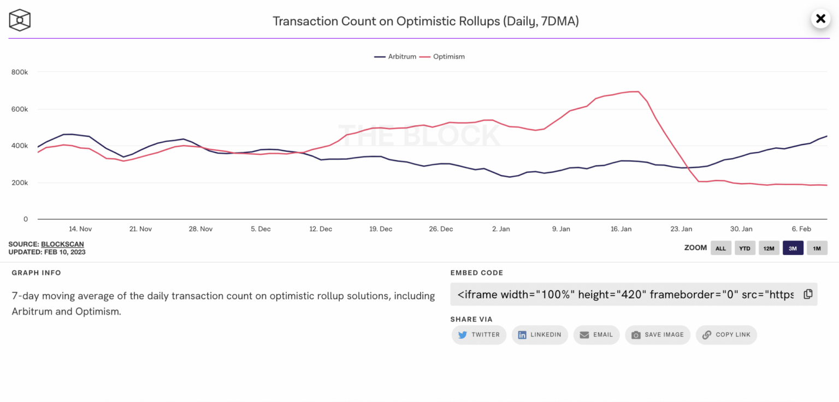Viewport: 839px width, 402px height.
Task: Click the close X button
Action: coord(820,19)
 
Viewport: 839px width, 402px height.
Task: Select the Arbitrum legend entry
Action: coord(395,56)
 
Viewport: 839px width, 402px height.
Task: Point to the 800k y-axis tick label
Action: coord(20,72)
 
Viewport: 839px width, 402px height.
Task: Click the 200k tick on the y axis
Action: coord(20,183)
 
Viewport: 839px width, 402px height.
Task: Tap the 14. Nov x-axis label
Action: coord(80,229)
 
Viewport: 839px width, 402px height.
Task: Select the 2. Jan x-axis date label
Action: coord(501,229)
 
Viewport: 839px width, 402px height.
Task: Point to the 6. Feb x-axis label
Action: coord(801,229)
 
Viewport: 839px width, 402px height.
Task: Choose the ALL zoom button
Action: coord(720,248)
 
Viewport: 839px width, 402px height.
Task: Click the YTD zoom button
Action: coord(745,248)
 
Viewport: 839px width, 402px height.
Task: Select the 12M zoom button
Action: coord(769,248)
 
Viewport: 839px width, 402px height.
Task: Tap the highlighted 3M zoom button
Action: coord(793,248)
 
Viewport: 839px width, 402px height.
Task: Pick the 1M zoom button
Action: coord(817,248)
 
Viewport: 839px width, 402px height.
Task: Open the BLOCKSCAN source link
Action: coord(62,244)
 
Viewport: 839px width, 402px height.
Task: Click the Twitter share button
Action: coord(479,335)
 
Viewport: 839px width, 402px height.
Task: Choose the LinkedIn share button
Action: coord(540,335)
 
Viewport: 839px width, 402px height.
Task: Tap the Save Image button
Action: coord(658,335)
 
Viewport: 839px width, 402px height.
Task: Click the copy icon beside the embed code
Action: coord(808,294)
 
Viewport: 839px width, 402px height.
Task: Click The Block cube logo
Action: coord(20,20)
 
